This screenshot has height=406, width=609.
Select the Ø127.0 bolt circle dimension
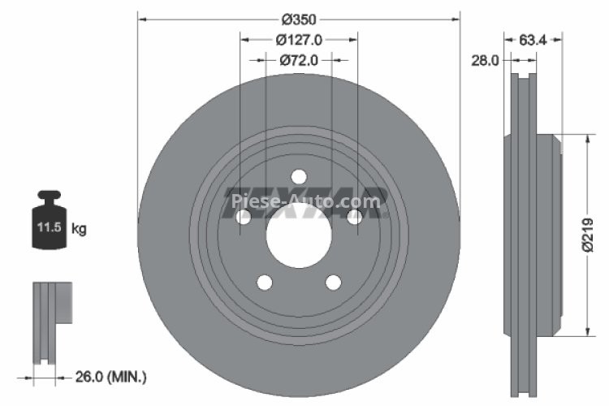click(x=299, y=39)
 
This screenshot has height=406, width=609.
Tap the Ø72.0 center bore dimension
click(x=299, y=60)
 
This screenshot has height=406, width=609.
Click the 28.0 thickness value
click(x=486, y=59)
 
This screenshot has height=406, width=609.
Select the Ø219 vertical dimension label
click(x=600, y=235)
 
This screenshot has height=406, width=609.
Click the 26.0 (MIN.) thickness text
click(x=111, y=376)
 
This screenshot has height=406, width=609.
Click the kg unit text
click(x=79, y=229)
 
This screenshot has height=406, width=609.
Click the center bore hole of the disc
click(x=299, y=240)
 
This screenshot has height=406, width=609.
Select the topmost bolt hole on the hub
click(x=299, y=176)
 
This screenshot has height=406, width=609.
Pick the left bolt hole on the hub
click(x=243, y=218)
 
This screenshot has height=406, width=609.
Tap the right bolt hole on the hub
click(x=355, y=218)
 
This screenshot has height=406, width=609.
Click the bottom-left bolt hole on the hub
click(x=264, y=282)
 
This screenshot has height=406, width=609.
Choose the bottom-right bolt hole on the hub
click(x=334, y=282)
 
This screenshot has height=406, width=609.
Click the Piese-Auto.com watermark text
click(x=304, y=201)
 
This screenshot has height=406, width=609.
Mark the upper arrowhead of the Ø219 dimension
click(x=586, y=140)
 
